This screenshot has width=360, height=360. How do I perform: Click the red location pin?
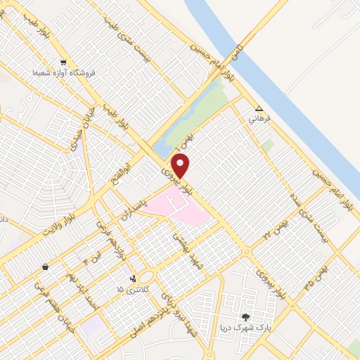tap(182, 166)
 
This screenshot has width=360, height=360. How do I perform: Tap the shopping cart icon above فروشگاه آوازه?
tap(64, 63)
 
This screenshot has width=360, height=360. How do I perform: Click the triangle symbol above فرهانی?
tap(259, 109)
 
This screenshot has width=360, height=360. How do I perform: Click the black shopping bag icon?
tap(46, 267)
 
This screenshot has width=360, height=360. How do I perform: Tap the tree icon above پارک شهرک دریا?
tap(245, 317)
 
